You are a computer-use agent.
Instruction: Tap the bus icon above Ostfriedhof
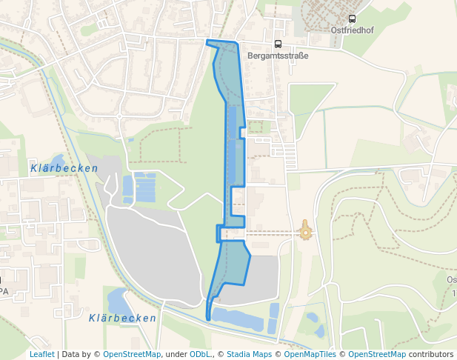(x=352, y=19)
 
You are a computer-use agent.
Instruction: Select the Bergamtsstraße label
(x=278, y=56)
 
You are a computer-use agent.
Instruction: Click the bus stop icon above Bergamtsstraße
(x=278, y=44)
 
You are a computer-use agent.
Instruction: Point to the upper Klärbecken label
(x=64, y=169)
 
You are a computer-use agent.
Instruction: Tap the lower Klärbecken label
(x=122, y=319)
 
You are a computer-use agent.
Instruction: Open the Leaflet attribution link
(x=42, y=355)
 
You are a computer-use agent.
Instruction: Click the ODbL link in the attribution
(x=200, y=355)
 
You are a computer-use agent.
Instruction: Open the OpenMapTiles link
(x=311, y=355)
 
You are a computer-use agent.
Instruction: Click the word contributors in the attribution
(x=430, y=355)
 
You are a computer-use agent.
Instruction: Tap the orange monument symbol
(x=305, y=232)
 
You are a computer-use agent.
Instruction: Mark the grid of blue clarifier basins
(x=140, y=187)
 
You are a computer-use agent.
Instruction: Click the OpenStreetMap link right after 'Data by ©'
(x=131, y=355)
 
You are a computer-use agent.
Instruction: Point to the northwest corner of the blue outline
(x=207, y=41)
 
